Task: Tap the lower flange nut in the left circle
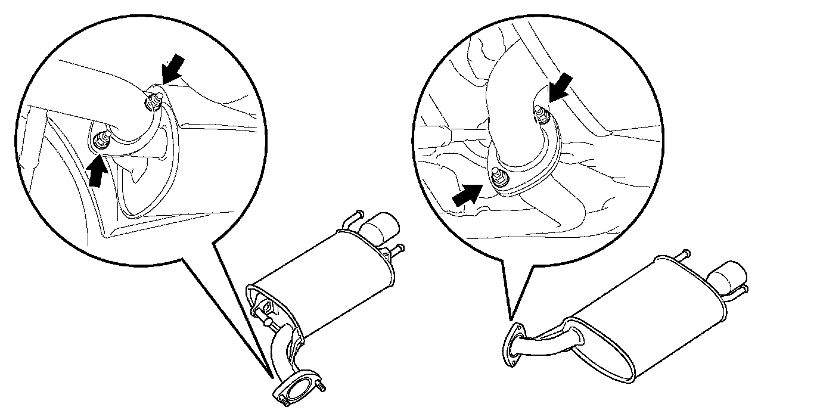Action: click(x=101, y=141)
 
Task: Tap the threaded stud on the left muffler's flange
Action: click(x=322, y=388)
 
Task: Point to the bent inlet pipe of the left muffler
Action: click(x=284, y=352)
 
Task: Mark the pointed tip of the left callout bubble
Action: click(x=273, y=377)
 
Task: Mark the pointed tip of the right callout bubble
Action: click(x=510, y=319)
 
